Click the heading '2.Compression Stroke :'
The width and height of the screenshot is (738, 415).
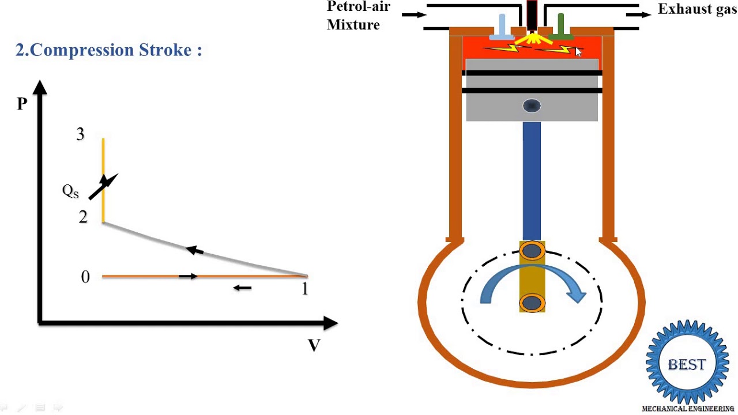[x=108, y=50]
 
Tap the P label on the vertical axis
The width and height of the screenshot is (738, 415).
[x=22, y=104]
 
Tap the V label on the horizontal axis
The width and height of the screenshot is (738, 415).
[x=314, y=346]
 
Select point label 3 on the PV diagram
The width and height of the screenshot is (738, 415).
[x=80, y=134]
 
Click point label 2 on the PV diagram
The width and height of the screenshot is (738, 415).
[x=83, y=217]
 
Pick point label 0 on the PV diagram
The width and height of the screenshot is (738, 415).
[x=85, y=277]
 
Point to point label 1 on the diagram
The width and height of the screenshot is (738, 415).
[x=305, y=289]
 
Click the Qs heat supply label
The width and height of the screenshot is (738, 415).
[x=70, y=191]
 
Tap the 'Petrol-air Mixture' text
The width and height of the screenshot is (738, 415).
[x=357, y=16]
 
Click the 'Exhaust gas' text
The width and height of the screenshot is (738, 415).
[x=696, y=9]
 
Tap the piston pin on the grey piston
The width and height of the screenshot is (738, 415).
[x=532, y=106]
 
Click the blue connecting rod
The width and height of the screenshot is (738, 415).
[x=532, y=179]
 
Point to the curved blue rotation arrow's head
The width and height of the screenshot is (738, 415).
[x=577, y=295]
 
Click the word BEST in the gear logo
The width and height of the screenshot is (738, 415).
[x=686, y=365]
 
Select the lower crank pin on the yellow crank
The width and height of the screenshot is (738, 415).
[x=532, y=303]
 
